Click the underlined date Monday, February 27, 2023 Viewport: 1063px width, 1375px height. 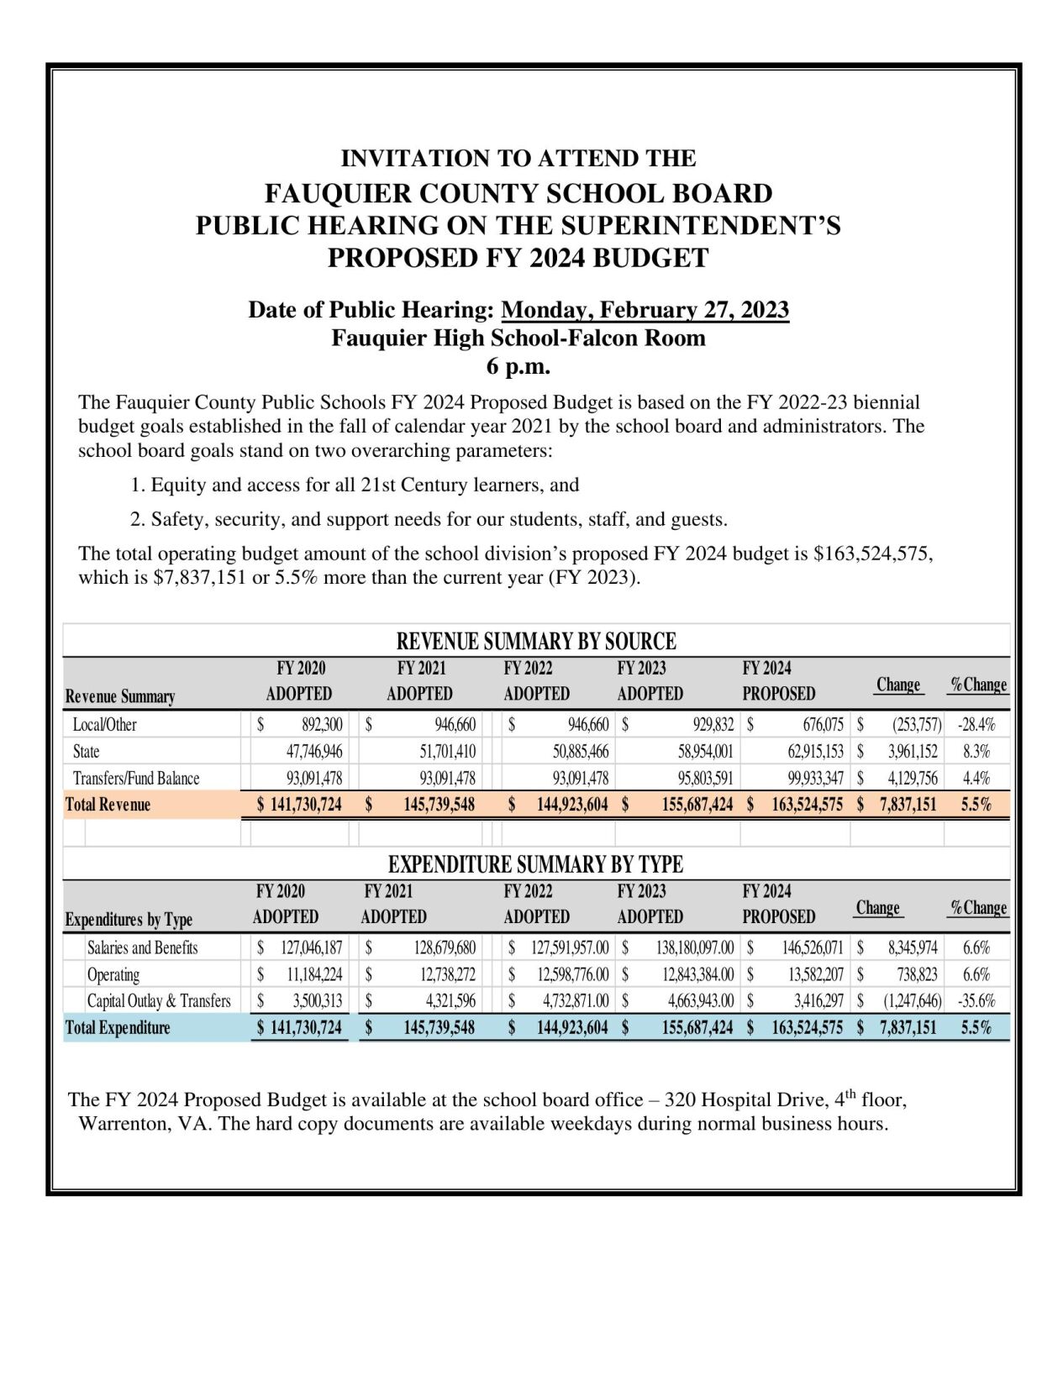pyautogui.click(x=645, y=310)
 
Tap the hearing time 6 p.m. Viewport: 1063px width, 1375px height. pyautogui.click(x=518, y=366)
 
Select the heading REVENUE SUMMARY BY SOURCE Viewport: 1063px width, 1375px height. pyautogui.click(x=536, y=642)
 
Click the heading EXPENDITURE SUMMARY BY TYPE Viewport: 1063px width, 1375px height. pyautogui.click(x=535, y=864)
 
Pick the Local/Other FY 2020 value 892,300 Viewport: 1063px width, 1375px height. pyautogui.click(x=321, y=725)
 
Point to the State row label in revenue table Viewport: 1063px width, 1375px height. pyautogui.click(x=86, y=752)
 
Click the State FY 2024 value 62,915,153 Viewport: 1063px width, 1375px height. pyautogui.click(x=810, y=752)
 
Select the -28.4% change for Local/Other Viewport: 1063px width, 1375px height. pyautogui.click(x=976, y=725)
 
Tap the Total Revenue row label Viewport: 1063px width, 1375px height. pyautogui.click(x=108, y=805)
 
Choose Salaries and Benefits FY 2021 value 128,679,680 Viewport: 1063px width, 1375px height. pyautogui.click(x=445, y=948)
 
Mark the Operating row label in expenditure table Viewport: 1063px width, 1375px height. pyautogui.click(x=113, y=975)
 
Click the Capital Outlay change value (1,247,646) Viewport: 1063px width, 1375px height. pyautogui.click(x=911, y=1001)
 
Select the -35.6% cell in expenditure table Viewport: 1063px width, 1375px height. pyautogui.click(x=976, y=1001)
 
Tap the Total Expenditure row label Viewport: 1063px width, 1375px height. pyautogui.click(x=118, y=1028)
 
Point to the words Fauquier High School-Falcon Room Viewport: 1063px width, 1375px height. pyautogui.click(x=518, y=339)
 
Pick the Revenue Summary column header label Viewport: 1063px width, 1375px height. pyautogui.click(x=120, y=696)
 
